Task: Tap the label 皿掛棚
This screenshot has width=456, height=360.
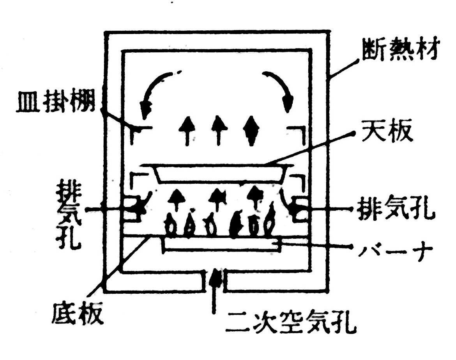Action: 56,103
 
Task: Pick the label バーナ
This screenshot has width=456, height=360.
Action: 395,249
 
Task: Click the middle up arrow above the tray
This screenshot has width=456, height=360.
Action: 218,130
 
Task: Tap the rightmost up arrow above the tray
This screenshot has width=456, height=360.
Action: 251,130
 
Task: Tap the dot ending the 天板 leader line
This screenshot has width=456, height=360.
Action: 353,133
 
